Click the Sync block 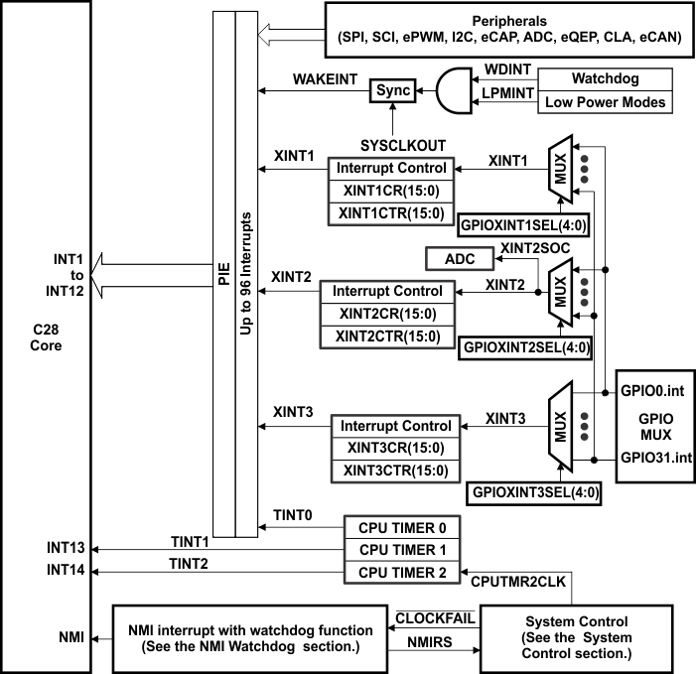(x=393, y=90)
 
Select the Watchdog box (x=603, y=78)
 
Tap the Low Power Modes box (x=603, y=101)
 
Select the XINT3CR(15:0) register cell (x=396, y=449)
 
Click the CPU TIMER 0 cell (x=402, y=527)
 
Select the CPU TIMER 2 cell (x=402, y=573)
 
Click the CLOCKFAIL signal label (x=433, y=617)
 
